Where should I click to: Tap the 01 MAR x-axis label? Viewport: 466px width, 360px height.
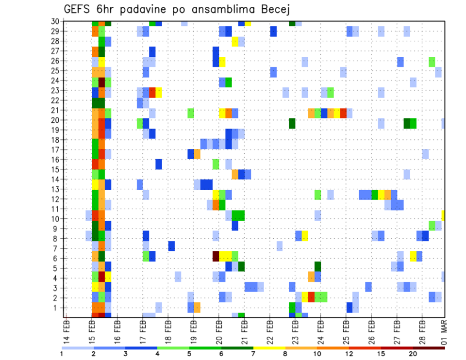point(443,330)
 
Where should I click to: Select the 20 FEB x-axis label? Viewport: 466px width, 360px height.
point(219,330)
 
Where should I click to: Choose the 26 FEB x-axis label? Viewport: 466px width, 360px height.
point(371,330)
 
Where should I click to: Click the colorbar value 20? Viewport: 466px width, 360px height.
point(413,354)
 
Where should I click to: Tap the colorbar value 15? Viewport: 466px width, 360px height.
point(381,354)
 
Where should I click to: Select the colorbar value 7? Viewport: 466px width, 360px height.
point(254,354)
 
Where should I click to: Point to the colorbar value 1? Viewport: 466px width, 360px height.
point(62,354)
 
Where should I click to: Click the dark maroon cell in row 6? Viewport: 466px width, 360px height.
point(216,256)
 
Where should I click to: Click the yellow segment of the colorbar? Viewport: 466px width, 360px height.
point(269,347)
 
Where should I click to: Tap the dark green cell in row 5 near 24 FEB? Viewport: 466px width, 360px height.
point(317,266)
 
